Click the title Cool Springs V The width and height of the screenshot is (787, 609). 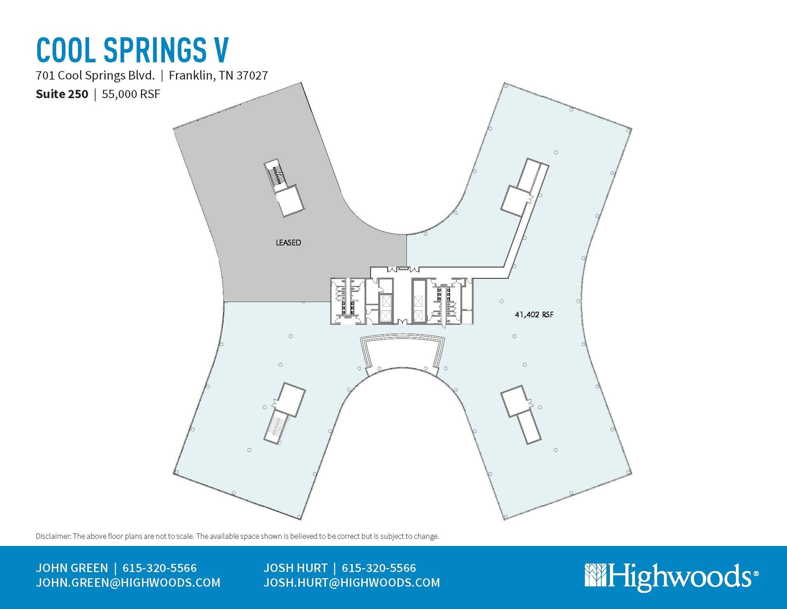(133, 50)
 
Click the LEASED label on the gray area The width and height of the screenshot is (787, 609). (288, 243)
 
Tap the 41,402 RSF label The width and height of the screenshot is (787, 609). (534, 315)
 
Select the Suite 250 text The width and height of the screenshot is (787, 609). (62, 94)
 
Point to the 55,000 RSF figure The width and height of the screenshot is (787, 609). (131, 94)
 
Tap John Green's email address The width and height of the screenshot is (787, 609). (128, 583)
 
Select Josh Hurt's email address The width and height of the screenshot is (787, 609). (352, 583)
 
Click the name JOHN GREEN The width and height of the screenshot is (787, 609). (72, 568)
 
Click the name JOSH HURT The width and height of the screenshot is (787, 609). (296, 568)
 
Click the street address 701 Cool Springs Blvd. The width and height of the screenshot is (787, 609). (95, 75)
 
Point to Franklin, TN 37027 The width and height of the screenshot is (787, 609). (218, 75)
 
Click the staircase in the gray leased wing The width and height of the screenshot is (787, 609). (275, 177)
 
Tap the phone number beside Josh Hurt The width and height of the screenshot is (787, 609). (379, 568)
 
